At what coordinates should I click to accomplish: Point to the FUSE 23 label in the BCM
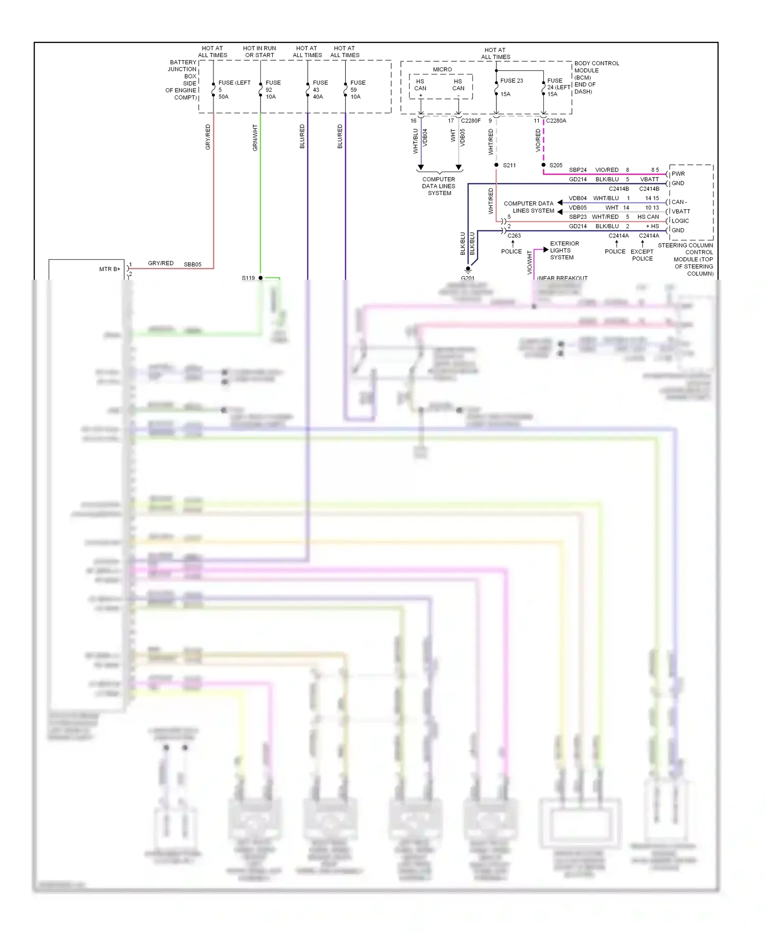pyautogui.click(x=511, y=81)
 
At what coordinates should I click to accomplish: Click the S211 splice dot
pyautogui.click(x=496, y=165)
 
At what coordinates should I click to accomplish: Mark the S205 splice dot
pyautogui.click(x=543, y=165)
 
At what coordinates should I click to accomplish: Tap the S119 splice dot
pyautogui.click(x=260, y=278)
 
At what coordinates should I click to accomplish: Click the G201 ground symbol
pyautogui.click(x=468, y=270)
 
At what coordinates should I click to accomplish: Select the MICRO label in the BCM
pyautogui.click(x=442, y=69)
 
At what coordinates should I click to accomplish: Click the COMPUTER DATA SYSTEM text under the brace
pyautogui.click(x=439, y=186)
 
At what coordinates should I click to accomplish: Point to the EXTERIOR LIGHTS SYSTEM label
pyautogui.click(x=564, y=251)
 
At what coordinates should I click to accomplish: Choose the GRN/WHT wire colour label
pyautogui.click(x=255, y=138)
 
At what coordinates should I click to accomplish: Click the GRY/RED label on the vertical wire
pyautogui.click(x=208, y=137)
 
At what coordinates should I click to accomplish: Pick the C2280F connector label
pyautogui.click(x=470, y=121)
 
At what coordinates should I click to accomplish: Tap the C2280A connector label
pyautogui.click(x=556, y=121)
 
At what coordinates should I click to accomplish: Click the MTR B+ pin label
pyautogui.click(x=109, y=269)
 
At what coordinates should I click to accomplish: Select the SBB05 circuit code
pyautogui.click(x=193, y=264)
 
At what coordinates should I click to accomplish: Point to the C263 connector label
pyautogui.click(x=514, y=236)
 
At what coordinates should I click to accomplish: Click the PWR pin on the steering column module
pyautogui.click(x=678, y=174)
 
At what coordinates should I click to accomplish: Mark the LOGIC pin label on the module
pyautogui.click(x=680, y=221)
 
